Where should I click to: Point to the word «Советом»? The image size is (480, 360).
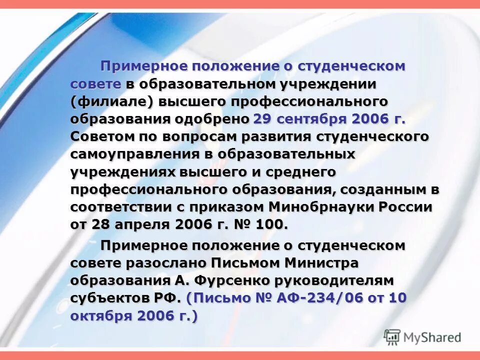point(102,137)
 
